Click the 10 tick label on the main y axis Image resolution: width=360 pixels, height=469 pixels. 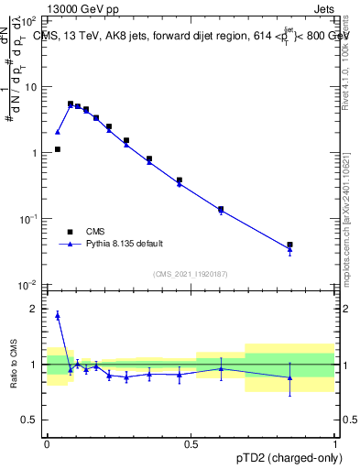(29, 87)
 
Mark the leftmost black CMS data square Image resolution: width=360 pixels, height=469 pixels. (57, 149)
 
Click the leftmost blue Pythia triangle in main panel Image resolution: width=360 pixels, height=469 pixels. (57, 132)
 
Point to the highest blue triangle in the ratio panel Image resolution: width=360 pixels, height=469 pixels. (57, 315)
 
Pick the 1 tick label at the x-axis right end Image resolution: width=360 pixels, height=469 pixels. (335, 442)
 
